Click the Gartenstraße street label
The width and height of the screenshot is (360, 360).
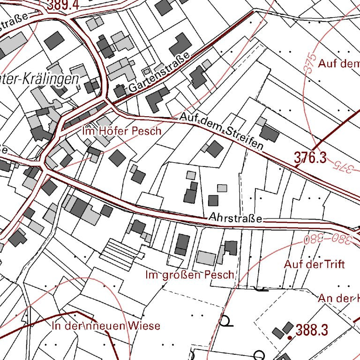pos(159,72)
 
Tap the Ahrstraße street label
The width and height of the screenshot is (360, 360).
pos(236,218)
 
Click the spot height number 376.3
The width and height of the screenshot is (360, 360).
pos(310,157)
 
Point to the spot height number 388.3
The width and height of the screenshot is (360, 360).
pos(311,330)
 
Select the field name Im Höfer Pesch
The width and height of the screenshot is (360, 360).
pos(121,131)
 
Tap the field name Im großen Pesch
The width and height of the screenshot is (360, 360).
pos(189,275)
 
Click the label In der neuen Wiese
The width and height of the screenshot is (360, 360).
pos(106,326)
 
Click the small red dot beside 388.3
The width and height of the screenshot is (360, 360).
pos(290,337)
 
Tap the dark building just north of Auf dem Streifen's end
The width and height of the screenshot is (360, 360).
pos(269,133)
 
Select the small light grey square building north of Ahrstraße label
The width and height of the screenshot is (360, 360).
pos(222,188)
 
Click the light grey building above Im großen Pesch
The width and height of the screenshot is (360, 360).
pos(206,257)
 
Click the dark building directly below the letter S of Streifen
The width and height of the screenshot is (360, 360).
pos(215,149)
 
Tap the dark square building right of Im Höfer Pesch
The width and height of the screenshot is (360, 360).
pos(117,157)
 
